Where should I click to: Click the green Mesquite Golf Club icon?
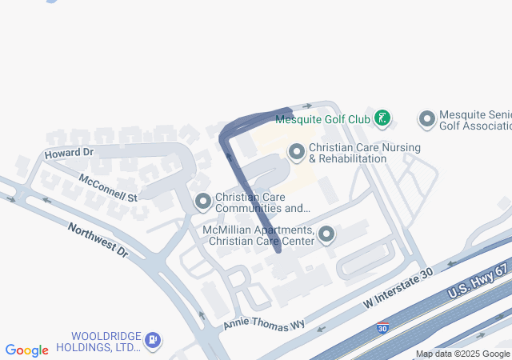point(382,119)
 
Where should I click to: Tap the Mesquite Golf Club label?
point(322,120)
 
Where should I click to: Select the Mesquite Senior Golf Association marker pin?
point(426,119)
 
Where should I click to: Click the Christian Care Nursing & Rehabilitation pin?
point(297,150)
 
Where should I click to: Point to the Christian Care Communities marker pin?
point(203,201)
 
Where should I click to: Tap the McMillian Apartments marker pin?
point(326,234)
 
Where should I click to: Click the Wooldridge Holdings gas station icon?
point(152,341)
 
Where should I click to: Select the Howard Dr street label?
point(69,152)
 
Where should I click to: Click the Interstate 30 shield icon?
point(383,328)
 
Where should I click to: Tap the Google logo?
point(26,350)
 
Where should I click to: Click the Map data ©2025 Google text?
point(462,354)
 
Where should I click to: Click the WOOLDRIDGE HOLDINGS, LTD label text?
point(106,341)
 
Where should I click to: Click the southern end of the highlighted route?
point(278,250)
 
